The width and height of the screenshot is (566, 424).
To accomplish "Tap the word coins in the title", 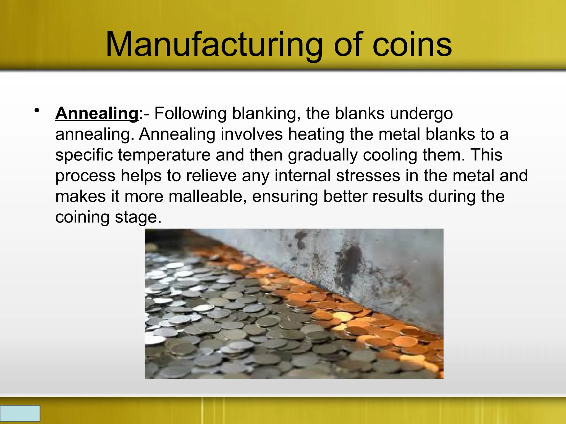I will click(x=412, y=45).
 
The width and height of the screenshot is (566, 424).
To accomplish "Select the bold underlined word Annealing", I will click(x=97, y=113).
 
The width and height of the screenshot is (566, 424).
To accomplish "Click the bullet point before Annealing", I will click(x=37, y=111).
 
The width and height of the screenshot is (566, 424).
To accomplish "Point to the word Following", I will click(x=190, y=113).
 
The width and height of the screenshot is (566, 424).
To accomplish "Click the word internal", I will click(x=303, y=176).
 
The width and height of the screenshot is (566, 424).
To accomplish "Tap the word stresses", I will click(x=368, y=176).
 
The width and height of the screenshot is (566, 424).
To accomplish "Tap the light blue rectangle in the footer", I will click(x=20, y=413).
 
